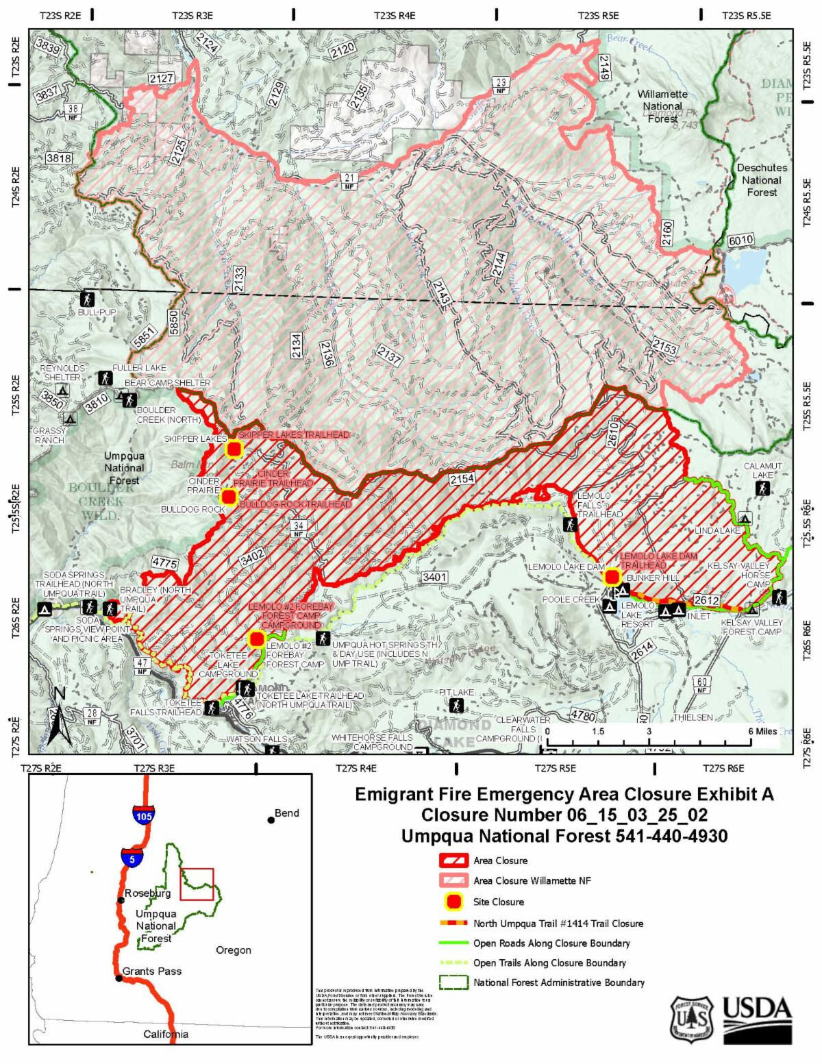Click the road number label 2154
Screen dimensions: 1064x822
pyautogui.click(x=462, y=479)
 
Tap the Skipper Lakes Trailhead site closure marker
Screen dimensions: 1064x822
pyautogui.click(x=234, y=449)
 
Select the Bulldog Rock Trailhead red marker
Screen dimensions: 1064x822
pyautogui.click(x=229, y=497)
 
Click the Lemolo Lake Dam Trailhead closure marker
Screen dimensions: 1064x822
pyautogui.click(x=612, y=577)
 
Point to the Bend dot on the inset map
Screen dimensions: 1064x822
pyautogui.click(x=271, y=819)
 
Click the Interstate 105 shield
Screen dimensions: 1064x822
pyautogui.click(x=144, y=815)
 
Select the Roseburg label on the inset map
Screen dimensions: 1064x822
pyautogui.click(x=147, y=893)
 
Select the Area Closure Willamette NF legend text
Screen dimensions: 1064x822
pyautogui.click(x=532, y=881)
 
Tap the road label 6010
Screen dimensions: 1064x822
pyautogui.click(x=740, y=240)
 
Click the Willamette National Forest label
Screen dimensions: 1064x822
pyautogui.click(x=662, y=106)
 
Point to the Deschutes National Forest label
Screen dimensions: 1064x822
pyautogui.click(x=762, y=180)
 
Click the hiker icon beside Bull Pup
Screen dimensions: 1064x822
pyautogui.click(x=87, y=299)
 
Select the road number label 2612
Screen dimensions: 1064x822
pyautogui.click(x=706, y=601)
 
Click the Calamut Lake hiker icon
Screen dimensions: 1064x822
pyautogui.click(x=762, y=488)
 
